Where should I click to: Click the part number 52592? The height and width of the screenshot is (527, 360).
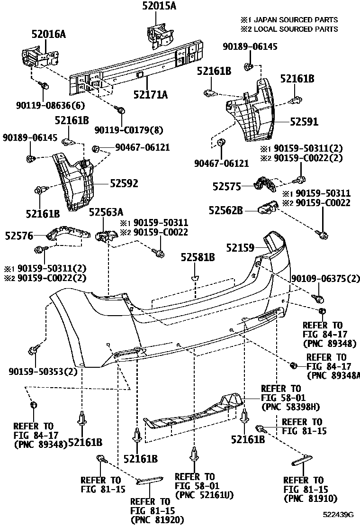(x=124, y=183)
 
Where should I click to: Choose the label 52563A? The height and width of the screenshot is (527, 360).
(x=106, y=212)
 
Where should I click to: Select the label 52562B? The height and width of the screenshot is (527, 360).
(x=227, y=209)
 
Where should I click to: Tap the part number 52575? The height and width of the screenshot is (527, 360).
(x=227, y=187)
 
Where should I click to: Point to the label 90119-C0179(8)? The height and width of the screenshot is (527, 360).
(x=122, y=129)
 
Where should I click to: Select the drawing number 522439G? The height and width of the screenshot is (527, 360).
(x=339, y=514)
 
